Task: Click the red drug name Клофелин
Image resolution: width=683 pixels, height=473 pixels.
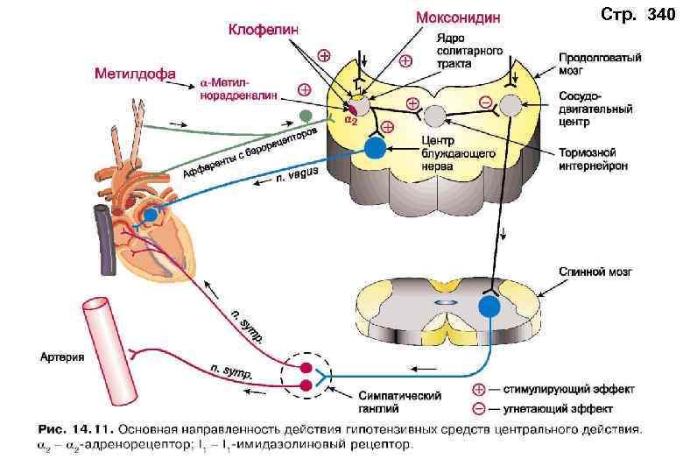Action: tap(263, 30)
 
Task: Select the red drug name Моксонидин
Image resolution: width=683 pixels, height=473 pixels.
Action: tap(458, 18)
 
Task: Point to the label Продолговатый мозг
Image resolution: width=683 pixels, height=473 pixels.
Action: tap(600, 64)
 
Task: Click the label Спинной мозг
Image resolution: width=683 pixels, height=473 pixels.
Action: tap(595, 273)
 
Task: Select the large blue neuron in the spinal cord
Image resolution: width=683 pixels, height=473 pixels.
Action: tap(489, 307)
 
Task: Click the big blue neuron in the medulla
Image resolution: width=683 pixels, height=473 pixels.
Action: tap(375, 148)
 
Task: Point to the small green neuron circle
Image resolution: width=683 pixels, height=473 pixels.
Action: tap(305, 116)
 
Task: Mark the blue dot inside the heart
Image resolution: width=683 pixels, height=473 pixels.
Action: tap(151, 213)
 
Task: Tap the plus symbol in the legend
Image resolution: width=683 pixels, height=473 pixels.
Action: tap(479, 388)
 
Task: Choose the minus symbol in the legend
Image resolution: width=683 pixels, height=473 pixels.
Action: tap(479, 408)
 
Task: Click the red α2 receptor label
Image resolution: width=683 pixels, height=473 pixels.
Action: tap(349, 122)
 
